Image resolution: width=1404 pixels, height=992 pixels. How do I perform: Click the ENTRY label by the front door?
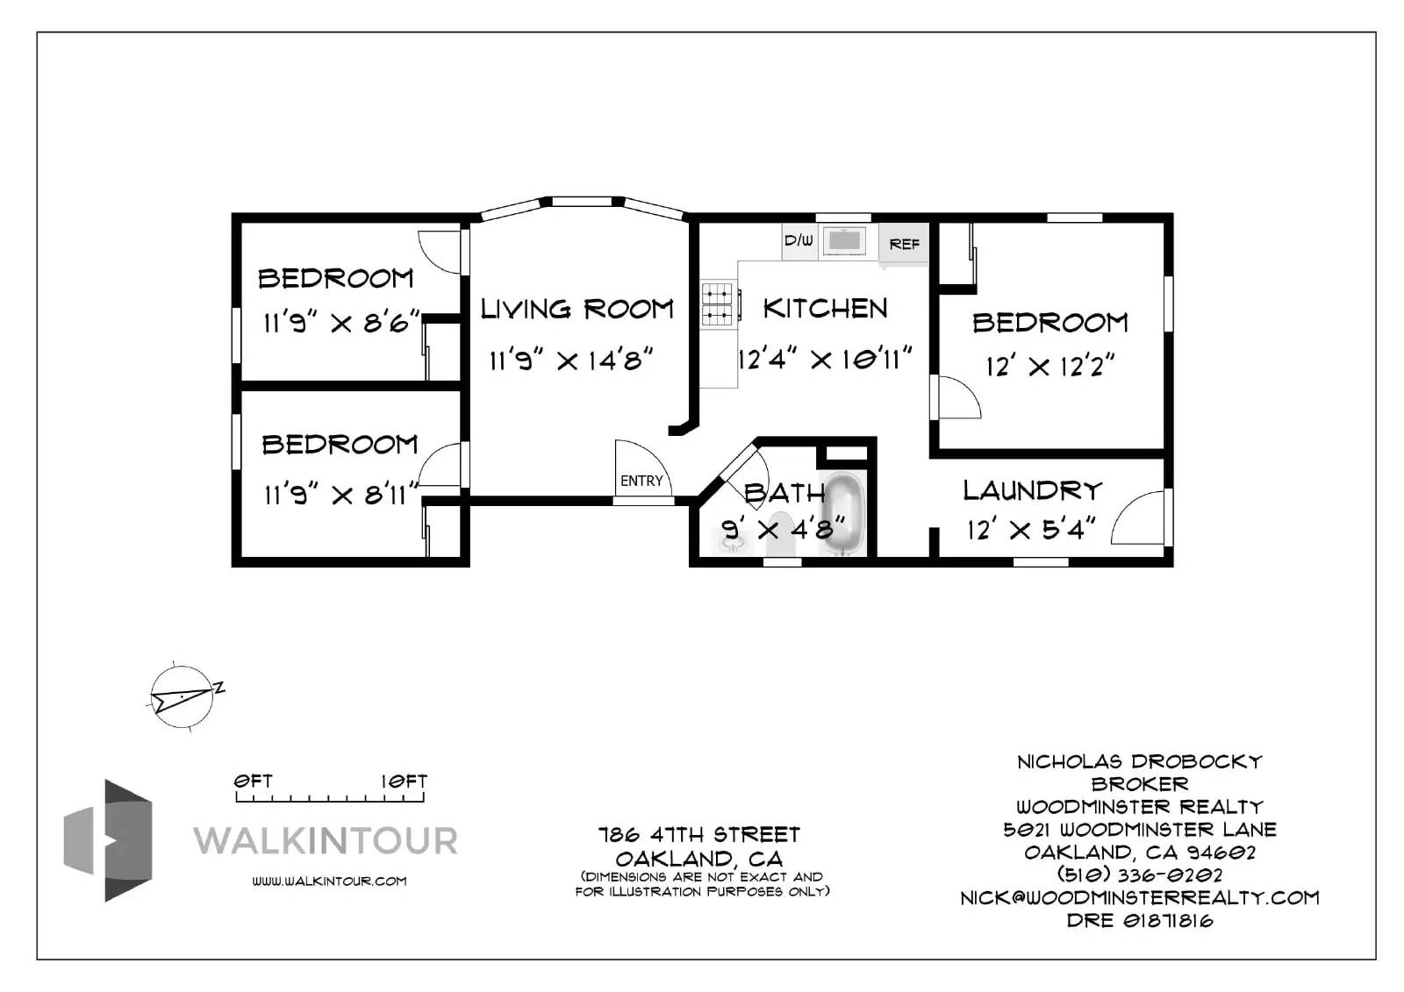[641, 481]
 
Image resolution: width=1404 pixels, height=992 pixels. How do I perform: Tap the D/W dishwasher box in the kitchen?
[799, 241]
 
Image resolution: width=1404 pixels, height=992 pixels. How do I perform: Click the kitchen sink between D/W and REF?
[844, 241]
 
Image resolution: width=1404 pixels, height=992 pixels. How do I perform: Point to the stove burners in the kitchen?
[717, 304]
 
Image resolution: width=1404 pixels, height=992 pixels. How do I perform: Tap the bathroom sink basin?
[732, 542]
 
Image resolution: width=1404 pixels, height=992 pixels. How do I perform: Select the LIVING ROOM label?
[577, 309]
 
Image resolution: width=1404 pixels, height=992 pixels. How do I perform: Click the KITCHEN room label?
[825, 309]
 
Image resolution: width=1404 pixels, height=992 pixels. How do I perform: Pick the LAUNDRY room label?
[1032, 490]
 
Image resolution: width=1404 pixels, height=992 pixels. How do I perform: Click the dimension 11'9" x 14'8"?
[571, 360]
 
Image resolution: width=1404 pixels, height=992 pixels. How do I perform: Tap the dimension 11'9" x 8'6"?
[340, 323]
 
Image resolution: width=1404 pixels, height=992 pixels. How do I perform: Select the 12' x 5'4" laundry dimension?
[1031, 530]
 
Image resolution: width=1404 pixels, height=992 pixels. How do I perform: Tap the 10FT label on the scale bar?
[405, 781]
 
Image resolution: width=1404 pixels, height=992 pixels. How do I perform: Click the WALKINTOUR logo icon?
[108, 840]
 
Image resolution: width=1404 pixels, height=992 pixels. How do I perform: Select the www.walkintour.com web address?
[329, 881]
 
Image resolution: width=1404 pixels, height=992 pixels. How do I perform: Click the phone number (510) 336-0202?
[1140, 874]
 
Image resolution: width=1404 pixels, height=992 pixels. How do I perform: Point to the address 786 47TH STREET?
[698, 835]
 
